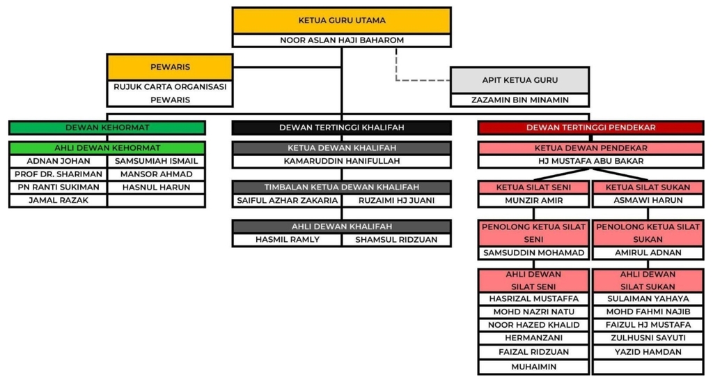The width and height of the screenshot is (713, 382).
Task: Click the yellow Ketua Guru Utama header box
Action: [341, 21]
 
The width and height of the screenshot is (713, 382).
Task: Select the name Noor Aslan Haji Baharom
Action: [341, 40]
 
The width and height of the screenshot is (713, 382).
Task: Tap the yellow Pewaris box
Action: [170, 68]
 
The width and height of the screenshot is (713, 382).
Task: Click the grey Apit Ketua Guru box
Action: [519, 80]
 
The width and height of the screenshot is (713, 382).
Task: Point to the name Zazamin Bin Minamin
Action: [519, 100]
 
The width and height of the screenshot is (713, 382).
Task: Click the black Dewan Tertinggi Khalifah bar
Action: [341, 128]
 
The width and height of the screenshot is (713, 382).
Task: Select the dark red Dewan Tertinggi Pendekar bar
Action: [590, 128]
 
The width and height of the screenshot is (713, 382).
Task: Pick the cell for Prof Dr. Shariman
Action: [58, 174]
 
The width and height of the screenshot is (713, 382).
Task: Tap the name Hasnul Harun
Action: [156, 188]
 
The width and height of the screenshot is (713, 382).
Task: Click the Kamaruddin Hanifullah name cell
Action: [341, 161]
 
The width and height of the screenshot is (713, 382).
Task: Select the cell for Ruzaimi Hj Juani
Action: [395, 201]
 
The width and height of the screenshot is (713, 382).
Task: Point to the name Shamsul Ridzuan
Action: [395, 239]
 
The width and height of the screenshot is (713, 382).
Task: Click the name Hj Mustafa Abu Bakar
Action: [590, 161]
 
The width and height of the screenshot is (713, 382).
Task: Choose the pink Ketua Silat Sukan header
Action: [648, 188]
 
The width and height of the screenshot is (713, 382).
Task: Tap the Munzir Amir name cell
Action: [533, 201]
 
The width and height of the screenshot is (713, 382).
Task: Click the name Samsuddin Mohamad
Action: [533, 252]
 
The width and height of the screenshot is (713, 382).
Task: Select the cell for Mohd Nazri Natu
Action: [533, 312]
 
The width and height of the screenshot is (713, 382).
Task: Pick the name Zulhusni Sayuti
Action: [648, 338]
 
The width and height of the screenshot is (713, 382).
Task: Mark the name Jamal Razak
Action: [58, 201]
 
